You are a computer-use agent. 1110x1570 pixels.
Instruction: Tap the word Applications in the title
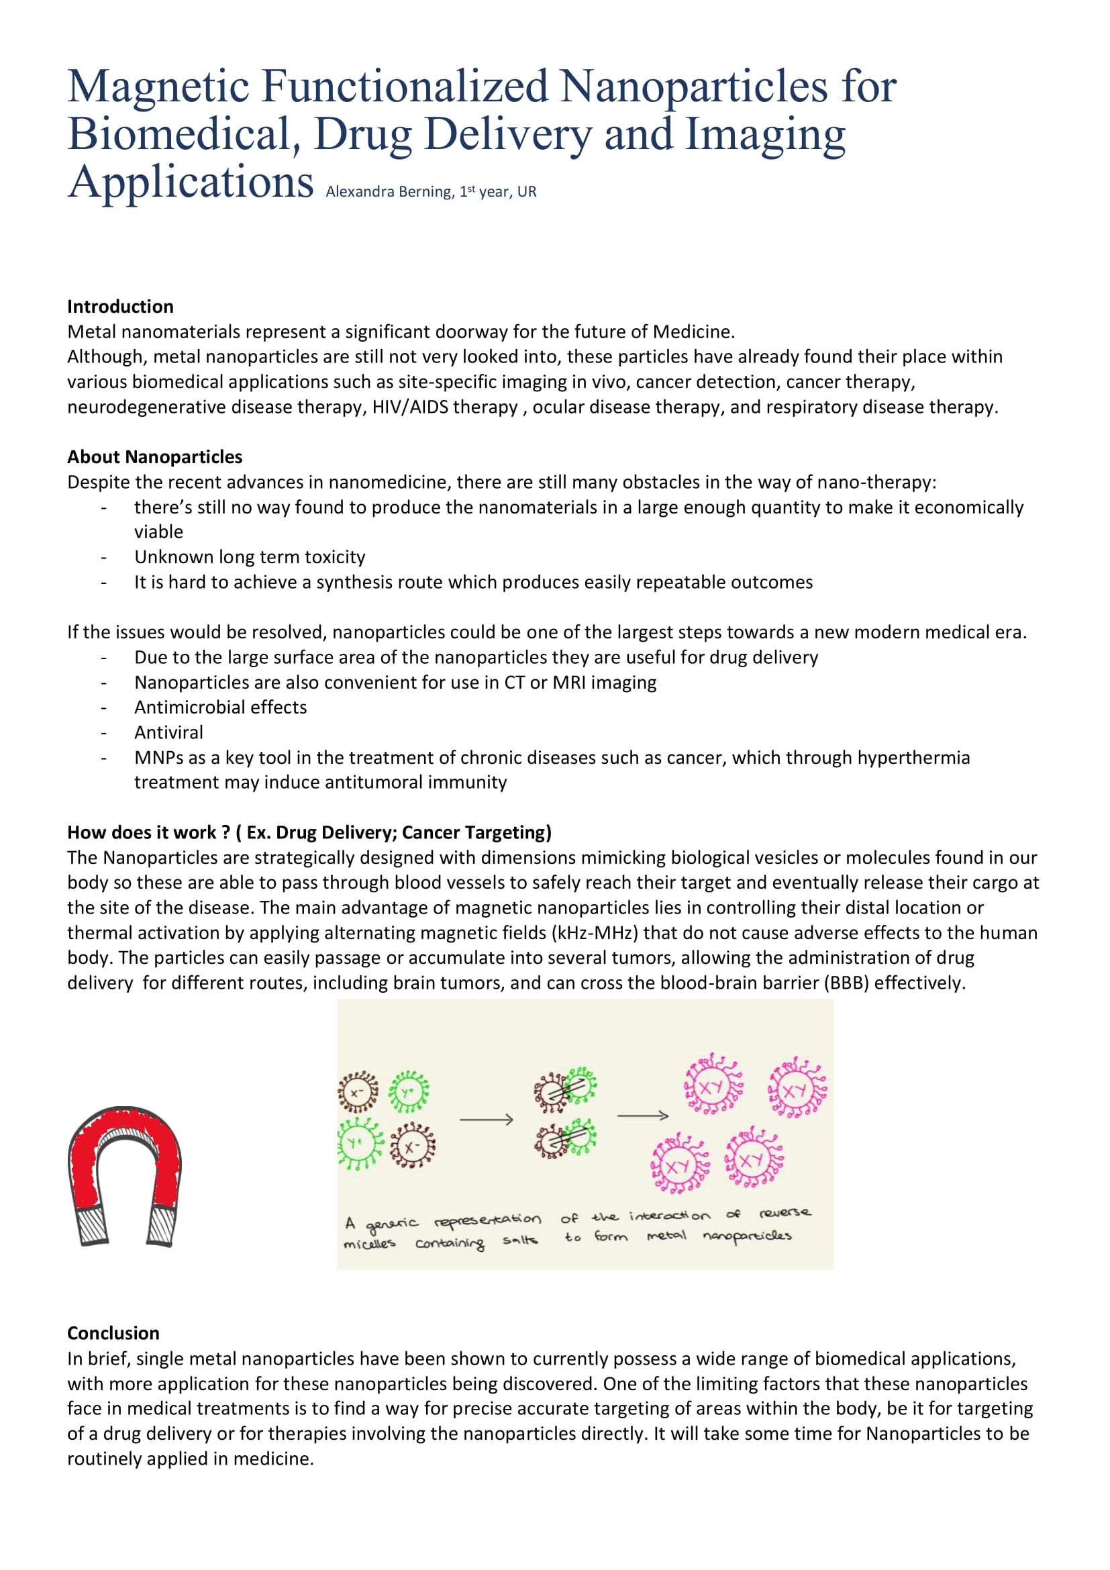coord(190,183)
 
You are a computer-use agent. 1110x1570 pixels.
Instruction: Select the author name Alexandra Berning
coord(390,192)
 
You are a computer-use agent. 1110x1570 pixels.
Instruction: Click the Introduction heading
coord(120,306)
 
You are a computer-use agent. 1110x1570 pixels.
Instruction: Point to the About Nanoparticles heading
coord(154,457)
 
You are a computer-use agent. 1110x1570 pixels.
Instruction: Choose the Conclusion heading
coord(113,1334)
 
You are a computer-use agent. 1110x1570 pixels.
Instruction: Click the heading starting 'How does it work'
coord(309,832)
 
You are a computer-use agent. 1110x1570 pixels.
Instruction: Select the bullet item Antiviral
coord(169,732)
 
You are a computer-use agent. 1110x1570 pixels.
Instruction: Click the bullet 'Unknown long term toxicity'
coord(250,556)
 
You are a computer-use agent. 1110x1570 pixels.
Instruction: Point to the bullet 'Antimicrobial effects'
coord(220,707)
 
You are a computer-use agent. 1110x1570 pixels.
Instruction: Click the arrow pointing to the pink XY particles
coord(642,1116)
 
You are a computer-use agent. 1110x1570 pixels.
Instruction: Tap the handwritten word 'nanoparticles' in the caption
coord(747,1236)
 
